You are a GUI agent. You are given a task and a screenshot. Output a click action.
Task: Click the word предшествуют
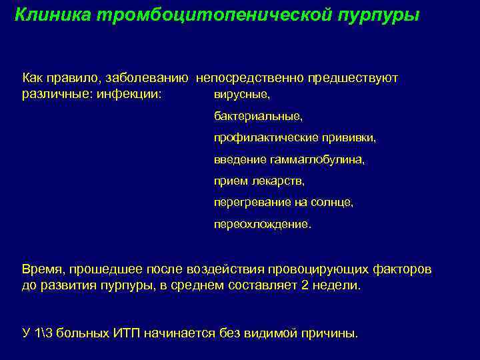pyautogui.click(x=353, y=78)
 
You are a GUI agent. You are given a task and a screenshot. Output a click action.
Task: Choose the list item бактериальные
pyautogui.click(x=258, y=117)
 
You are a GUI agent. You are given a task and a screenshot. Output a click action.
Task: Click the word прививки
pyautogui.click(x=351, y=139)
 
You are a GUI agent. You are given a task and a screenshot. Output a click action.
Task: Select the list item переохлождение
pyautogui.click(x=262, y=224)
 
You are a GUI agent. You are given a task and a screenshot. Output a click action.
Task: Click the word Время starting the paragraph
pyautogui.click(x=42, y=269)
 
